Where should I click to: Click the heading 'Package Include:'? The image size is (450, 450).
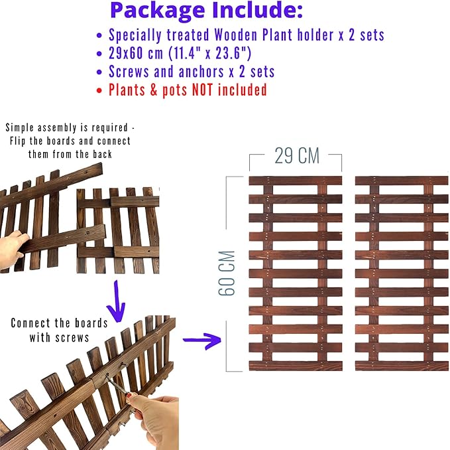click(x=207, y=11)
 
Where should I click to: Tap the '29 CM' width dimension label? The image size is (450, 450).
click(x=296, y=156)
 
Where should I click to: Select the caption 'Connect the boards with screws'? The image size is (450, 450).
click(x=59, y=330)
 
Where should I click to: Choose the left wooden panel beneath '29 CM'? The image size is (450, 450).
click(x=296, y=273)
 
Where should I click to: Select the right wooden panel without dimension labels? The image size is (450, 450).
click(x=401, y=273)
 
